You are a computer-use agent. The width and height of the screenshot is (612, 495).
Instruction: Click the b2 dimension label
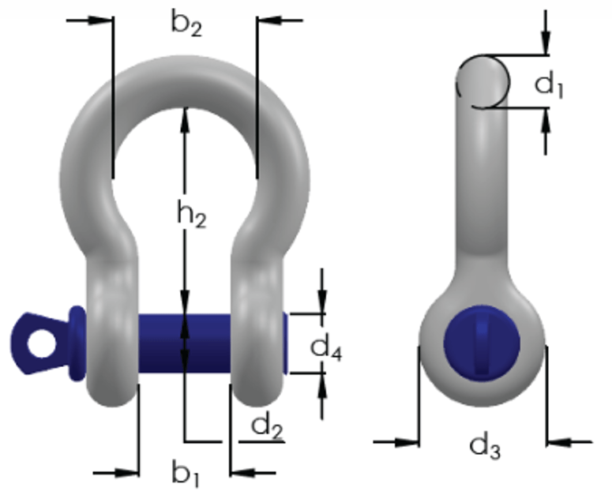(186, 24)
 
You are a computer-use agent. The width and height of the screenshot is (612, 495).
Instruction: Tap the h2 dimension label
(192, 214)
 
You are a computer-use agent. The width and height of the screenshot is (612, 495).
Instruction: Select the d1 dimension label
(548, 84)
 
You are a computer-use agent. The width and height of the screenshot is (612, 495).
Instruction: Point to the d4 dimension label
(326, 347)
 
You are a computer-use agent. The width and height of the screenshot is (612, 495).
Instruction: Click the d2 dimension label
(267, 426)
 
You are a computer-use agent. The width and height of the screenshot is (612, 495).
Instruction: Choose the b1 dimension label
(186, 474)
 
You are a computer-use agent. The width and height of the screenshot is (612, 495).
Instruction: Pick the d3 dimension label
(485, 447)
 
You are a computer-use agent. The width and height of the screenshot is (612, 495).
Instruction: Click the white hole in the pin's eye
(42, 343)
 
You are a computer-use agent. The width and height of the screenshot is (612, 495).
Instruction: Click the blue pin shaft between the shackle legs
(185, 343)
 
